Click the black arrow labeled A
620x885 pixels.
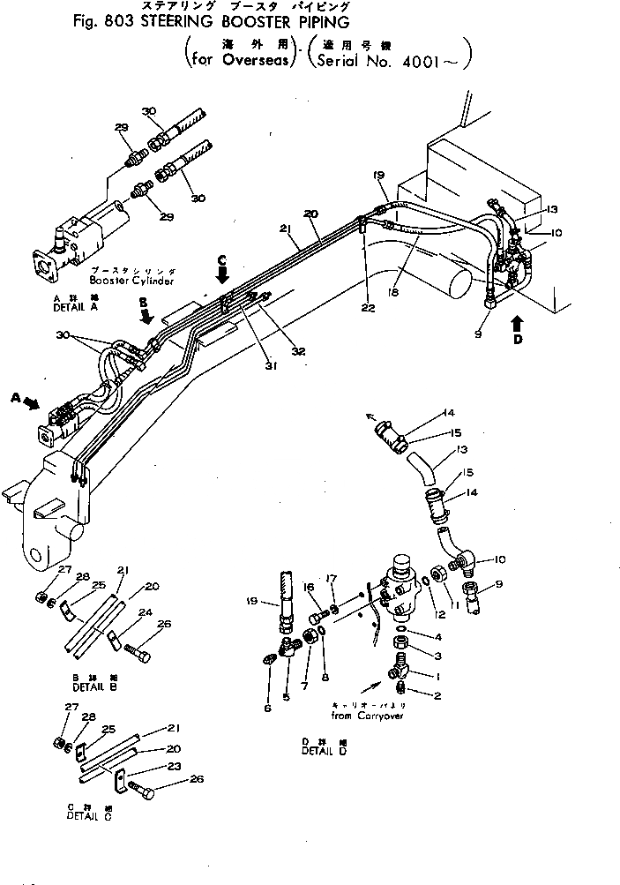[29, 401]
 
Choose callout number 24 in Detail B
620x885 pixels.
[145, 611]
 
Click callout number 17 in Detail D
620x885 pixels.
[332, 579]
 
